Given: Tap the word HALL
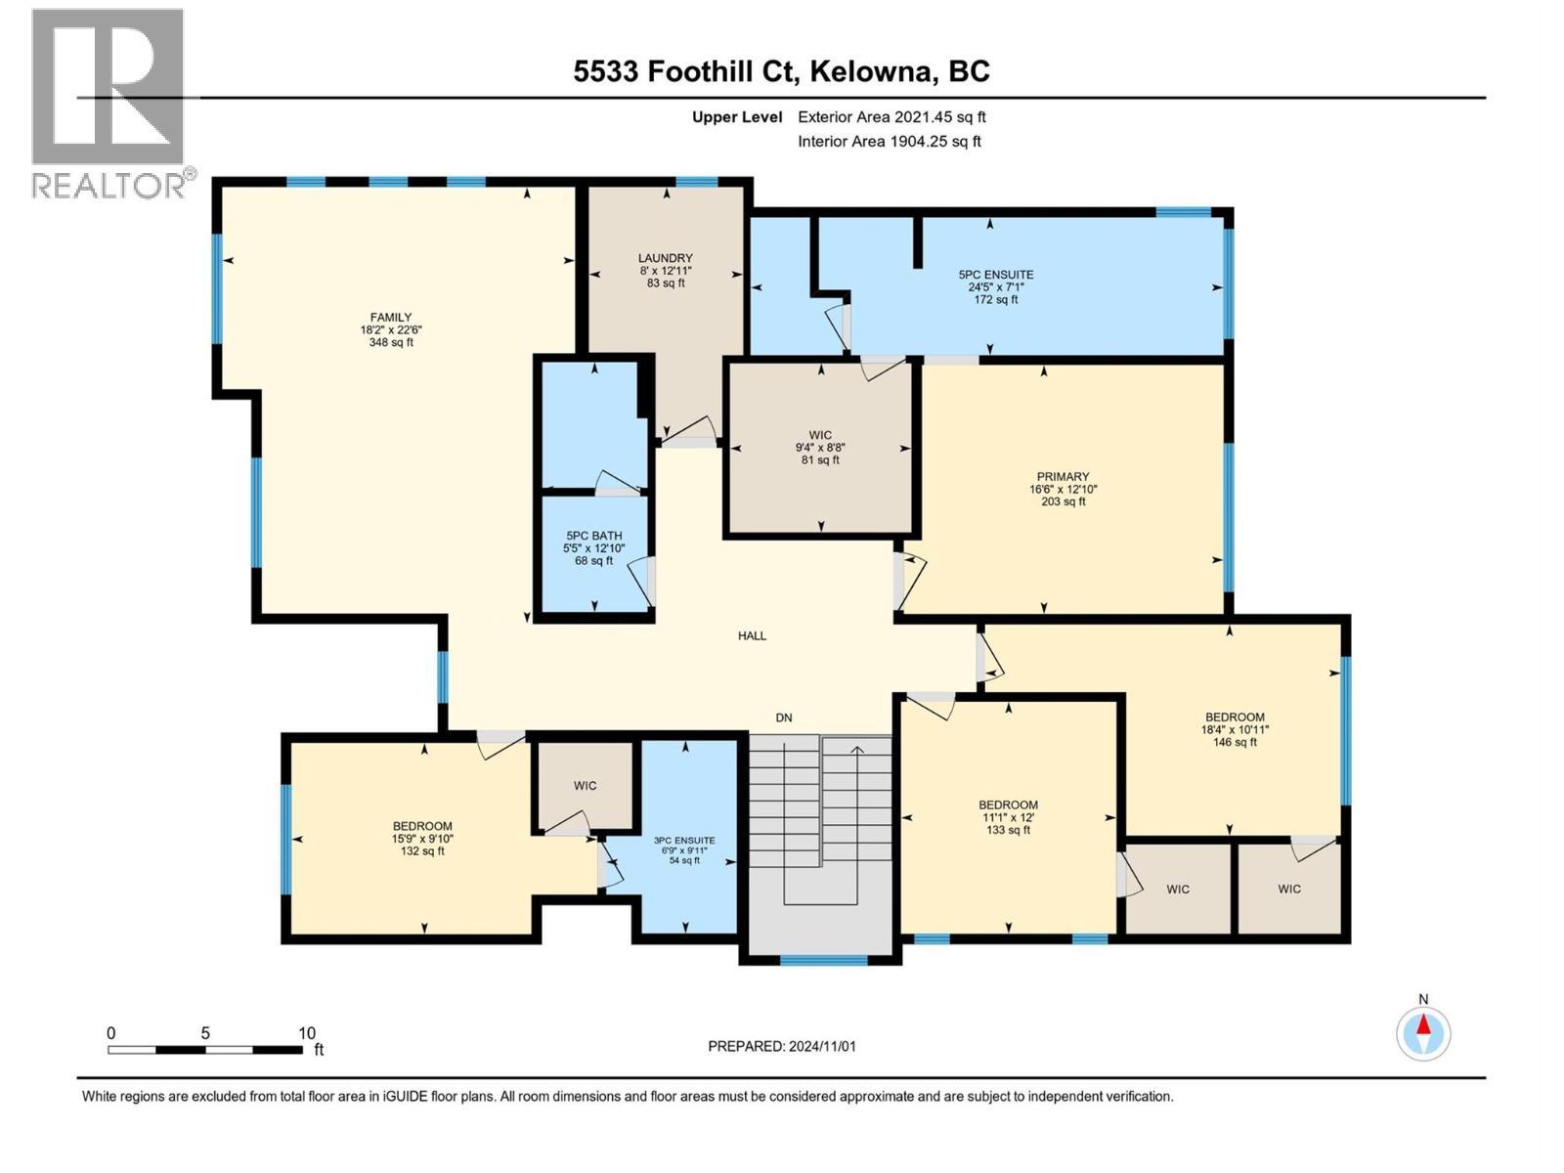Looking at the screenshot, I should pos(752,635).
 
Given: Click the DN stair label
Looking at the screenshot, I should pos(783,717).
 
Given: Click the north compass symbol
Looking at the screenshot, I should pos(1423,1031).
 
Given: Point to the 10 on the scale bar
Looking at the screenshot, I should pos(307,1033).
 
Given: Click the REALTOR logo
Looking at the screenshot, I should pos(109,103).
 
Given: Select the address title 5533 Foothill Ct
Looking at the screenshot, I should pos(781,71).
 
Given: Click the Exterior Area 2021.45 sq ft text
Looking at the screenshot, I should pos(891,116).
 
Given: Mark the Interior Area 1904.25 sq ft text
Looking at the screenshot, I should pos(889,141).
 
